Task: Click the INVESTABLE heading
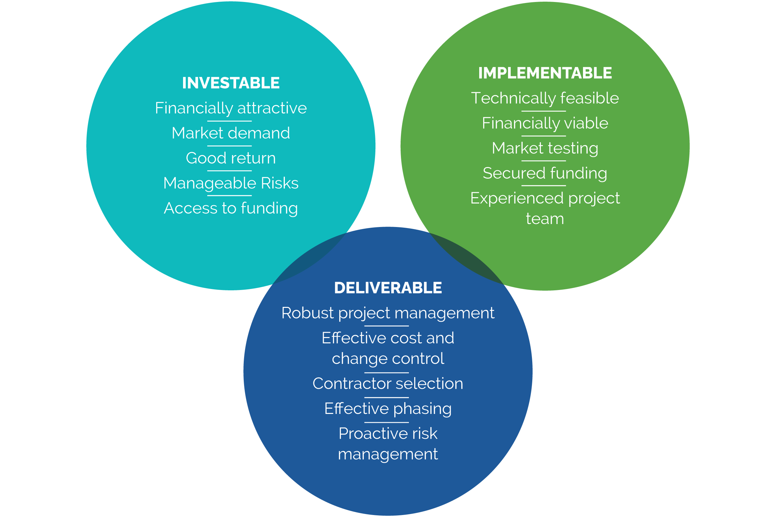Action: (x=231, y=83)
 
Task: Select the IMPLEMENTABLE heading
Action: (x=545, y=73)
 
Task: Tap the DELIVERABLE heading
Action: (x=388, y=288)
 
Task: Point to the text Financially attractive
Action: (x=231, y=108)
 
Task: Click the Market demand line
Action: (x=231, y=133)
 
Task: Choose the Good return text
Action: (x=231, y=158)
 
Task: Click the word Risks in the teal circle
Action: (x=280, y=183)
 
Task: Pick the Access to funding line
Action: (x=231, y=208)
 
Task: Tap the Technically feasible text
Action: (x=545, y=98)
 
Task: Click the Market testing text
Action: (x=545, y=148)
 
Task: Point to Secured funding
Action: (x=545, y=173)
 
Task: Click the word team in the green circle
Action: (x=545, y=219)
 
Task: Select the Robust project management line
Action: (x=388, y=313)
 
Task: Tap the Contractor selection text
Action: (x=388, y=384)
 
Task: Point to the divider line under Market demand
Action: (x=229, y=146)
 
